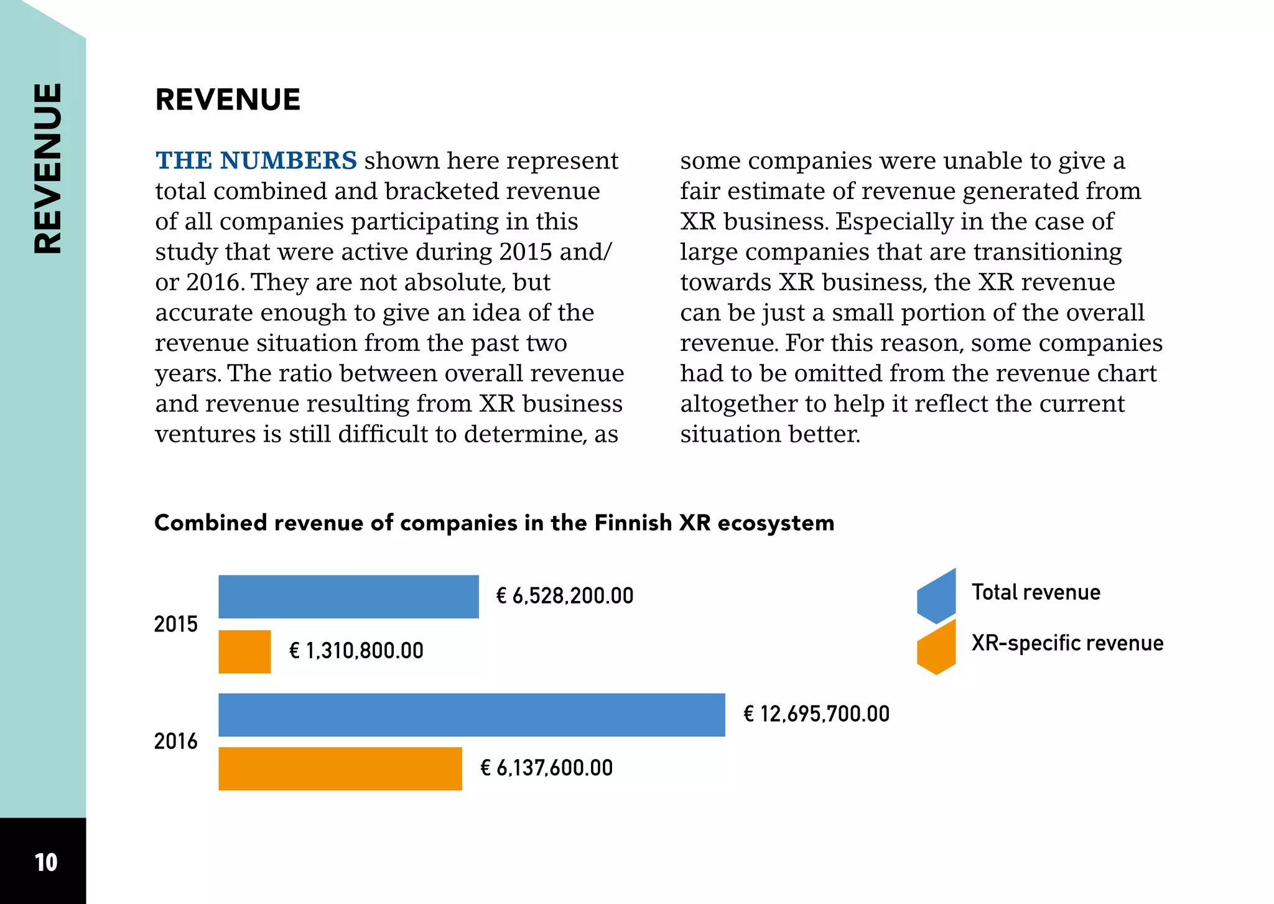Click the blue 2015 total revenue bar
pyautogui.click(x=348, y=597)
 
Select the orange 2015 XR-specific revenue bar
pyautogui.click(x=244, y=651)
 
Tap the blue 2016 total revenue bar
pyautogui.click(x=472, y=715)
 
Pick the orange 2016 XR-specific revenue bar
pyautogui.click(x=340, y=769)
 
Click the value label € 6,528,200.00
pyautogui.click(x=565, y=596)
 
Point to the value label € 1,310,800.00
pyautogui.click(x=356, y=651)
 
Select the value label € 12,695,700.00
pyautogui.click(x=817, y=714)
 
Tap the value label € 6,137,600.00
pyautogui.click(x=547, y=768)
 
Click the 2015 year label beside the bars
pyautogui.click(x=176, y=624)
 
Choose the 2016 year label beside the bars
pyautogui.click(x=176, y=741)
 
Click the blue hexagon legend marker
pyautogui.click(x=936, y=596)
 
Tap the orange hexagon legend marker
pyautogui.click(x=936, y=647)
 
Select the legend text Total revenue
pyautogui.click(x=1036, y=592)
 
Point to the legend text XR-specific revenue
pyautogui.click(x=1067, y=643)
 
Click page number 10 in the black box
pyautogui.click(x=46, y=862)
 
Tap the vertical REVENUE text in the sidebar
pyautogui.click(x=48, y=168)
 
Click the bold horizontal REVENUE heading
pyautogui.click(x=228, y=100)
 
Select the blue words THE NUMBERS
pyautogui.click(x=256, y=161)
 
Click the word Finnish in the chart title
pyautogui.click(x=633, y=523)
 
